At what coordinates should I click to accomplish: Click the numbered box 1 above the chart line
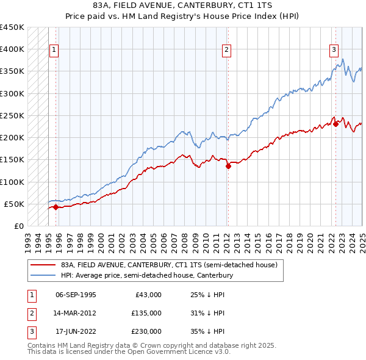point(54,50)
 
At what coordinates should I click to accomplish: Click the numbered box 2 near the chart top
point(226,50)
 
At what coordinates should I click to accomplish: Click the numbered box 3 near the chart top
point(334,50)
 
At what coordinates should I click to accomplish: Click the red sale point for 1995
point(56,207)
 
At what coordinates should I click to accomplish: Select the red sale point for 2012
point(228,165)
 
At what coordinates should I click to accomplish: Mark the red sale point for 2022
point(335,124)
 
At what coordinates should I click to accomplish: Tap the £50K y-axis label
point(15,204)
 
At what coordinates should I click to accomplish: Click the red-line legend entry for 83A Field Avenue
point(169,265)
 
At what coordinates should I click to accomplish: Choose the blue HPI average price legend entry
point(147,276)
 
